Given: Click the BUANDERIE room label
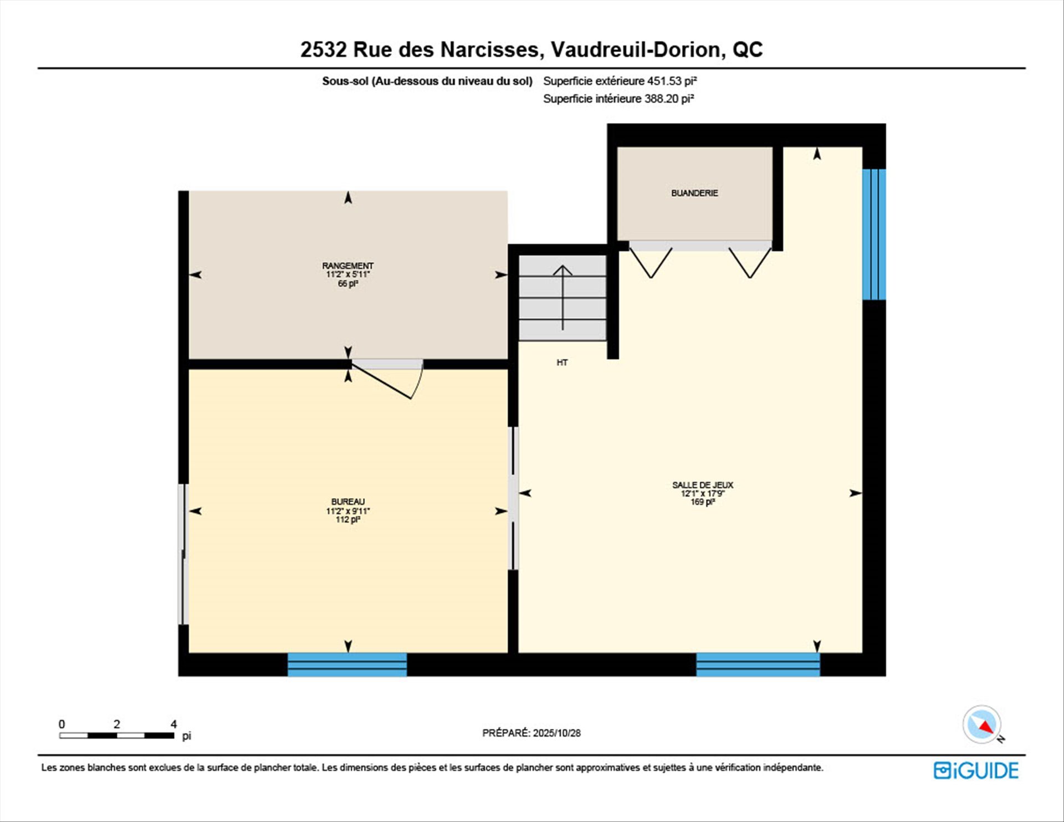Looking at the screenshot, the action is tap(694, 193).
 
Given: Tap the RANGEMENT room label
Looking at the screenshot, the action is tap(347, 266).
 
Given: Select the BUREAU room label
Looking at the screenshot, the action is tap(348, 502).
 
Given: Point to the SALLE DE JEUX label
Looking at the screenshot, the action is tap(703, 485).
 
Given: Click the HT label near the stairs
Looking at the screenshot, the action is tap(562, 363).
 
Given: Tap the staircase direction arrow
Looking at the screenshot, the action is tap(562, 298).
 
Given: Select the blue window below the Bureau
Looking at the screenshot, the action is tap(347, 665).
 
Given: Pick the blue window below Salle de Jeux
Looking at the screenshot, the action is tap(758, 665).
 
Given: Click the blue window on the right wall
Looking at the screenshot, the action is tap(874, 234).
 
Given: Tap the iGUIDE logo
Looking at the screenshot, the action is tap(976, 770).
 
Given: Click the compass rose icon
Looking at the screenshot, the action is tap(982, 724).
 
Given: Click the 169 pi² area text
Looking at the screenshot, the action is tap(703, 502).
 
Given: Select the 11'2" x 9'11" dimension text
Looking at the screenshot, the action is tap(348, 511).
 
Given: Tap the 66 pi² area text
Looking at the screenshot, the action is tap(348, 284).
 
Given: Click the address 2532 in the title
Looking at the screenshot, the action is tap(324, 49).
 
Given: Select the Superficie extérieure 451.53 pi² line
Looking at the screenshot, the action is tap(620, 81).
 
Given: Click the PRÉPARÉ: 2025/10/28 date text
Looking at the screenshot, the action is tap(531, 733).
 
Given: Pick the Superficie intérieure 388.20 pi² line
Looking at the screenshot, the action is tap(618, 99).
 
